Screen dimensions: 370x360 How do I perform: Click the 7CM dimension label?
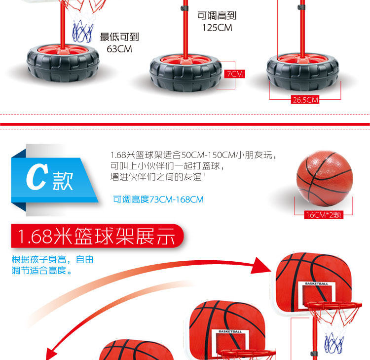click(234, 74)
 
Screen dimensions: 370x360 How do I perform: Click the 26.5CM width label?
click(305, 100)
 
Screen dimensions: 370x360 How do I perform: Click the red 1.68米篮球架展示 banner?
click(96, 237)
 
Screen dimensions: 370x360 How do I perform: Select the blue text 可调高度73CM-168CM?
click(158, 200)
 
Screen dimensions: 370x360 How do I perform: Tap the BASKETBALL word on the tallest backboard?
click(316, 284)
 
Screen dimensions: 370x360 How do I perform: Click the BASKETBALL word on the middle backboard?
click(230, 331)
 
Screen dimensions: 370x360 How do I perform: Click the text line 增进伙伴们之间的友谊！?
click(158, 176)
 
